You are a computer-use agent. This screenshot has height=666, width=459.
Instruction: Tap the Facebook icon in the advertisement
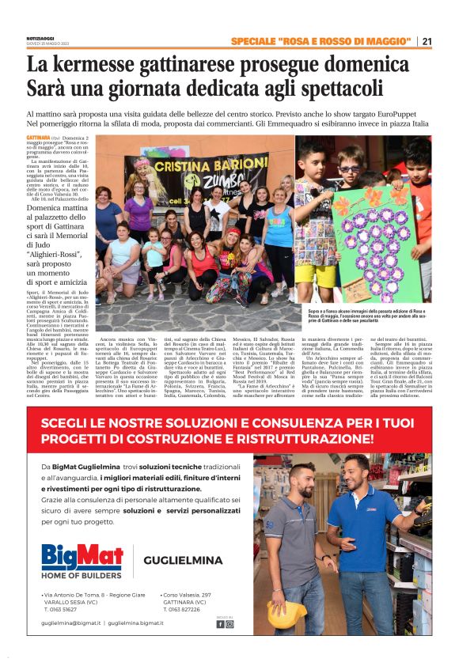coord(221,624)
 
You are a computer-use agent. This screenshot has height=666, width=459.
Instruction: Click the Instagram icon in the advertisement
coord(230,624)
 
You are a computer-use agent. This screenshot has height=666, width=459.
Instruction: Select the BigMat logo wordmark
coord(82,555)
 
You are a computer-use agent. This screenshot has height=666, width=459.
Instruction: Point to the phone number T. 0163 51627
coord(66,609)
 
